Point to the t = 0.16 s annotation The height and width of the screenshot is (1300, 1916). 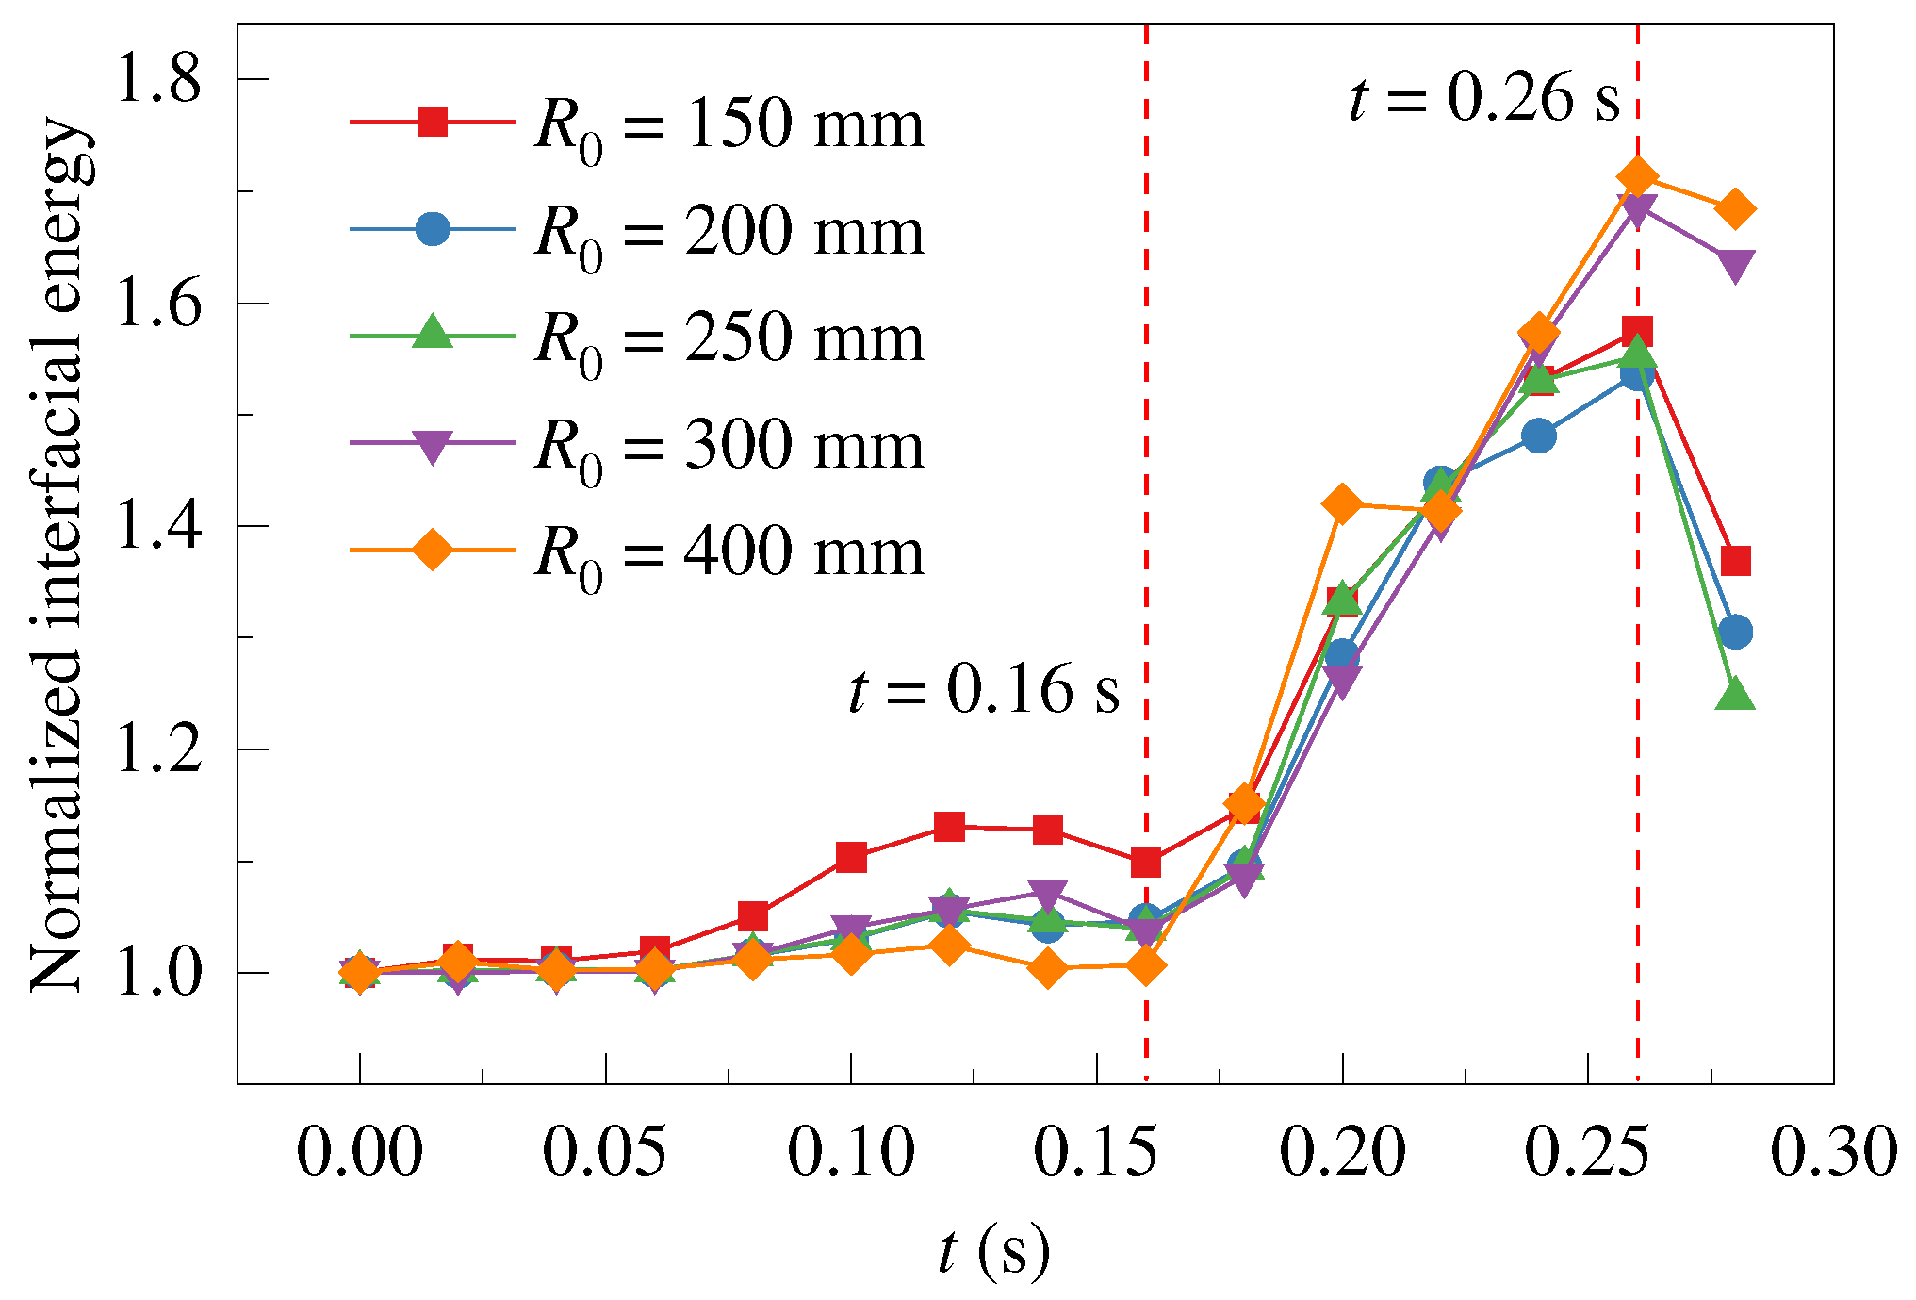984,688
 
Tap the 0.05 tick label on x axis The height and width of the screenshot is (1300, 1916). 604,1152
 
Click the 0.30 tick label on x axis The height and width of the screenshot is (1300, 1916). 1833,1152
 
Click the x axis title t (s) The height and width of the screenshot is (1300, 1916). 993,1251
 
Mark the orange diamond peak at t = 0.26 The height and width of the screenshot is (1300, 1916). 1637,176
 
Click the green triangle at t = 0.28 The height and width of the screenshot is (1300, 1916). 1735,696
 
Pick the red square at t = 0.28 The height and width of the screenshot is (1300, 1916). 1735,561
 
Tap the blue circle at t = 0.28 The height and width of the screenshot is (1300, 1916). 1735,631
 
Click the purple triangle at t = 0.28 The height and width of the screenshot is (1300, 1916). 1735,265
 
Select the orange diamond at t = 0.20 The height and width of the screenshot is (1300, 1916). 1342,504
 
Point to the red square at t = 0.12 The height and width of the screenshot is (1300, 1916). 949,827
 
